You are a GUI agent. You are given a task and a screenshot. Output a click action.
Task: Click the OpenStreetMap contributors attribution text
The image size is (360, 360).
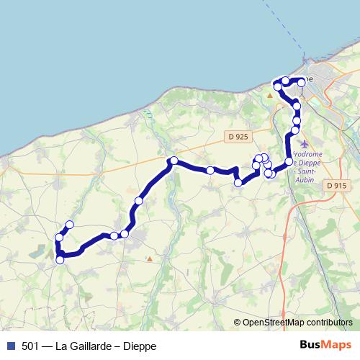point(297,323)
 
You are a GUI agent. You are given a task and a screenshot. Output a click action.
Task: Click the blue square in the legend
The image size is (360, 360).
point(11,346)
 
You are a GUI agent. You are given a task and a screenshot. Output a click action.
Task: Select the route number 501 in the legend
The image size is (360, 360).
point(30,346)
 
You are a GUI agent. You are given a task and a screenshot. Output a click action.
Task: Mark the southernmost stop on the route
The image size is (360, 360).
point(60,260)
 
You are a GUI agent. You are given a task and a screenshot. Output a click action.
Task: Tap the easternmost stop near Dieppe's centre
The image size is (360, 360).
point(301,84)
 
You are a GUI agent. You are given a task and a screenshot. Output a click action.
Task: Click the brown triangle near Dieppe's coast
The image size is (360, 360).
point(270,94)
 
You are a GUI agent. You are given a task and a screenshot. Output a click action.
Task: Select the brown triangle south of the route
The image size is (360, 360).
point(149,257)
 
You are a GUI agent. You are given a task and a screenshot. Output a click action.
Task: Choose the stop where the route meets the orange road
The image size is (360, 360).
point(174,161)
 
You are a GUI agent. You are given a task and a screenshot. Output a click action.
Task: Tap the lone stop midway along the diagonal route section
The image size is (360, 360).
point(138,200)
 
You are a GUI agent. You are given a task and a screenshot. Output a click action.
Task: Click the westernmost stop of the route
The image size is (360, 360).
point(58,238)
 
